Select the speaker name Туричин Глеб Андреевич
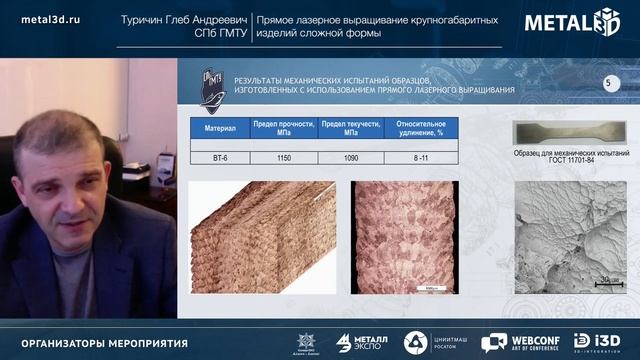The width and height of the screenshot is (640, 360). click(184, 18)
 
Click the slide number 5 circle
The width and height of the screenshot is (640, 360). click(607, 83)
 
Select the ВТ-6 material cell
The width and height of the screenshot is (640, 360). click(220, 157)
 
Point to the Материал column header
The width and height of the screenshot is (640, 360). click(220, 128)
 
